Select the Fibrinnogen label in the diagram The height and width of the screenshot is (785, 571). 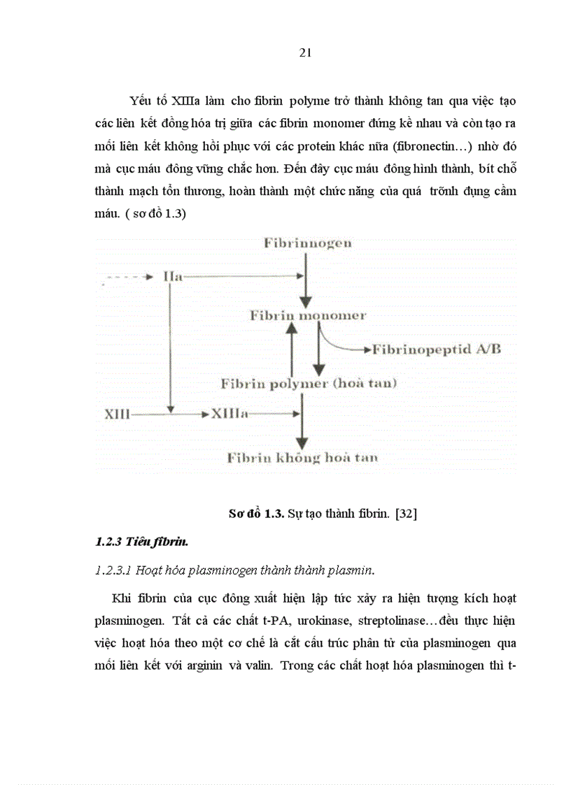(x=307, y=243)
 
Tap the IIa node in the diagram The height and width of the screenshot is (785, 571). (x=172, y=276)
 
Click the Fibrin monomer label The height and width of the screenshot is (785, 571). (x=307, y=315)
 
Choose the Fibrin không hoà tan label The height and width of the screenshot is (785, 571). (x=302, y=458)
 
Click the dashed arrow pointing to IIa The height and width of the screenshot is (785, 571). (x=129, y=277)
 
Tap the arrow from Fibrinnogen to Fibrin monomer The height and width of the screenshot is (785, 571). (x=304, y=280)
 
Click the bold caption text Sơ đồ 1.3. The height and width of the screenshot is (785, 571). (x=256, y=514)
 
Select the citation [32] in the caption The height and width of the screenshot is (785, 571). (x=406, y=514)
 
